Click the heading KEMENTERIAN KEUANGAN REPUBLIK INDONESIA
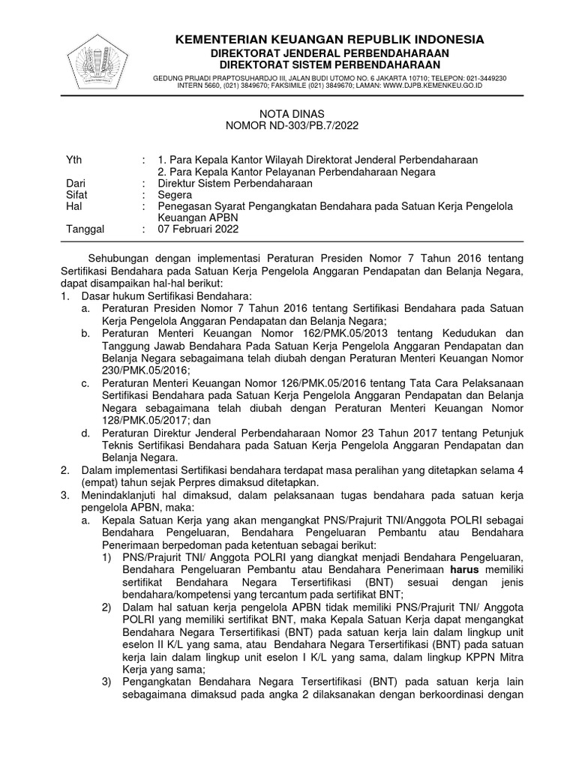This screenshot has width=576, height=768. tap(329, 39)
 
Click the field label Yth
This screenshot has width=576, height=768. tap(73, 160)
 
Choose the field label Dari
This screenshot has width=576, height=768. tap(75, 182)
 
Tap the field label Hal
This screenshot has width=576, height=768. tap(73, 205)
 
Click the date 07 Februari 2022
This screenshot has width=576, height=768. tap(198, 229)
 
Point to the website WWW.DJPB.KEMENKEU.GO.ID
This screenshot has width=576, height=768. tap(427, 85)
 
